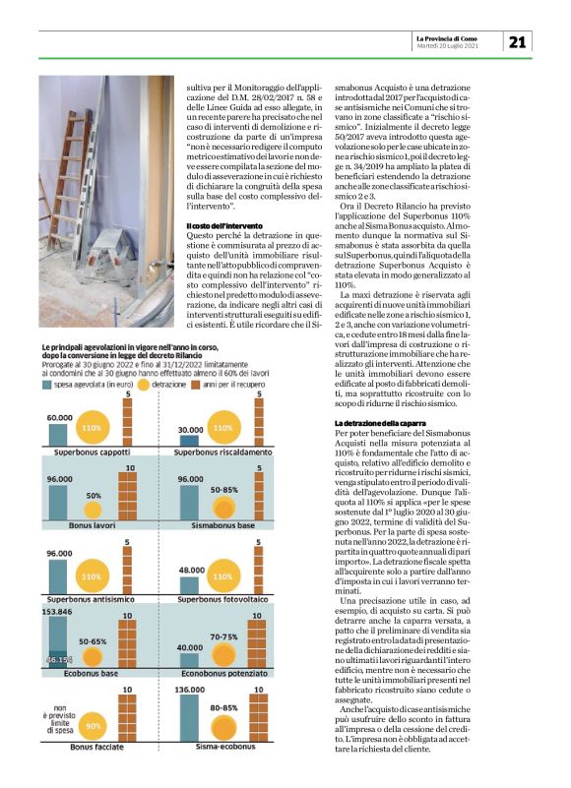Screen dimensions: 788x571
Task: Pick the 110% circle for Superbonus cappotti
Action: click(x=92, y=429)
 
